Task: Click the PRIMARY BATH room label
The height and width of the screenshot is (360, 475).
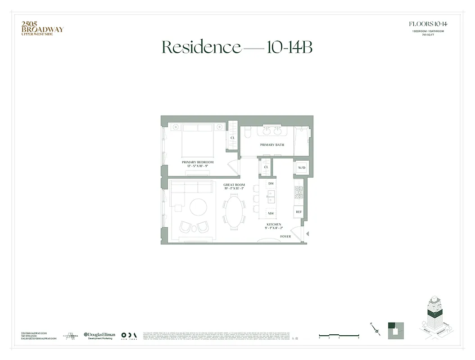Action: pos(272,145)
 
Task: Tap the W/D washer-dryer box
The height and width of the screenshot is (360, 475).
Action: pos(301,167)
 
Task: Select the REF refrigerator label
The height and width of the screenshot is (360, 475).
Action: pos(299,211)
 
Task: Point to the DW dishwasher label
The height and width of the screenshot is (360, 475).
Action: pos(271,184)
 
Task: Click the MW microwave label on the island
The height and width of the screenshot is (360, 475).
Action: pos(271,213)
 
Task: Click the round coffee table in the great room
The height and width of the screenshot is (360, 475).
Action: pos(198,207)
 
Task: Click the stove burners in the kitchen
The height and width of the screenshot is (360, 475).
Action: pos(299,193)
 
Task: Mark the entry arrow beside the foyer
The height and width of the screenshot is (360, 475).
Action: pos(307,234)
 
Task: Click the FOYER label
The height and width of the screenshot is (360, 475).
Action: pos(285,236)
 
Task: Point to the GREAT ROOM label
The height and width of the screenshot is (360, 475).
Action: pos(234,184)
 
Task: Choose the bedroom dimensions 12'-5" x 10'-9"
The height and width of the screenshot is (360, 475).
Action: pos(197,166)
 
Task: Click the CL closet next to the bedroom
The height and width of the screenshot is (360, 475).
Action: pos(233,138)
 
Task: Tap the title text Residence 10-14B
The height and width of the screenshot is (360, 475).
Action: pos(237,47)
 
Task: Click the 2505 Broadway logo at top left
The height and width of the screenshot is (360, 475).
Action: pos(42,28)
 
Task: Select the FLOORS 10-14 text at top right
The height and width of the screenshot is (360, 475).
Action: pos(428,24)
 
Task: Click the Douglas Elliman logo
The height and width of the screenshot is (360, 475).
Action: pos(100,335)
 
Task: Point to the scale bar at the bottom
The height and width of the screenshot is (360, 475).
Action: pos(339,335)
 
